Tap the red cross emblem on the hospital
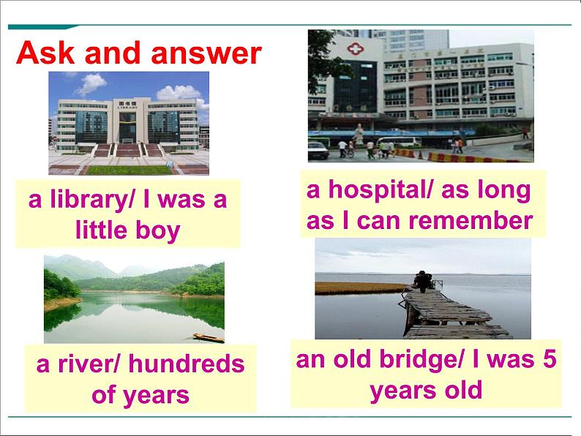(x=356, y=48)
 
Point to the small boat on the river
(x=209, y=337)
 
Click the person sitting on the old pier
(x=422, y=281)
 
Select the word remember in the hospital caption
(x=471, y=221)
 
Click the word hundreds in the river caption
(x=187, y=364)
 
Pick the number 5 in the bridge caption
(x=550, y=358)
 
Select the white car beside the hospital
(x=318, y=151)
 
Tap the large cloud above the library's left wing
(x=91, y=83)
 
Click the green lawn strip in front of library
(x=130, y=170)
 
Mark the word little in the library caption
(x=101, y=230)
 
